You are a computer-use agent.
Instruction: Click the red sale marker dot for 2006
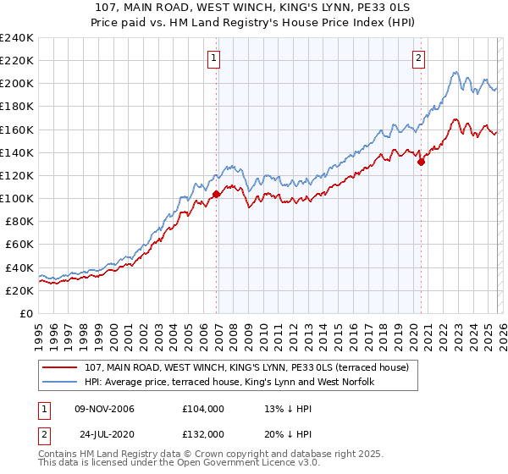coord(217,194)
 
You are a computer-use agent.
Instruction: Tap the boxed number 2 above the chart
coord(418,58)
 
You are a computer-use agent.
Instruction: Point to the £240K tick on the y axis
coord(17,38)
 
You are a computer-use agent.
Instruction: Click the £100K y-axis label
coord(17,198)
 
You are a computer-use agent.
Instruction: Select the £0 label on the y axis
coord(25,313)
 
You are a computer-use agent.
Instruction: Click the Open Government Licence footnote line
coord(178,465)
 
